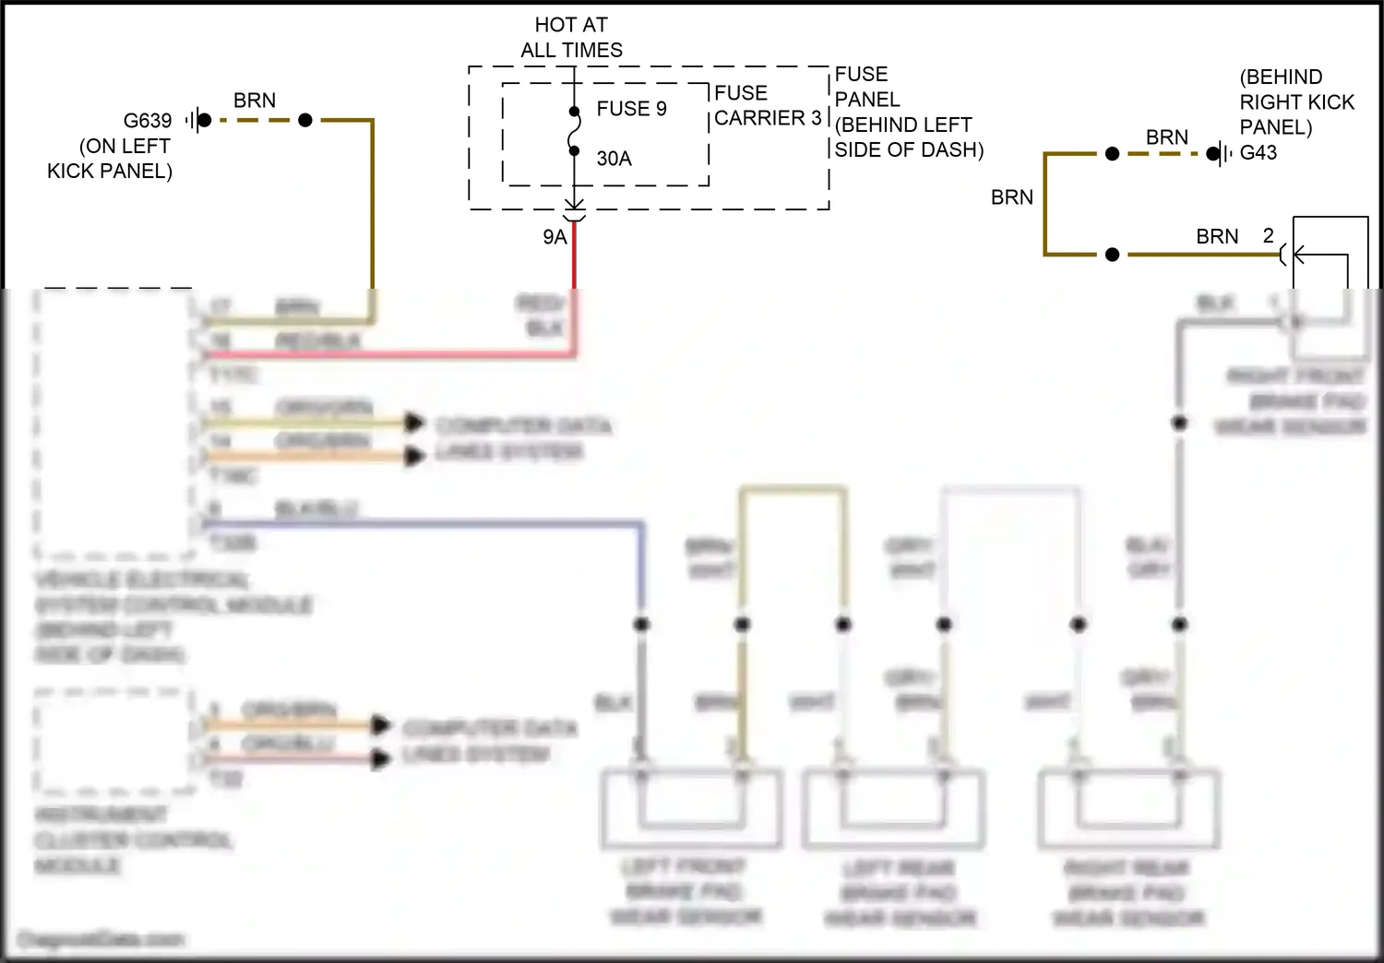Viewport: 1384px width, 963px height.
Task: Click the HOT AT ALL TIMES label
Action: [571, 38]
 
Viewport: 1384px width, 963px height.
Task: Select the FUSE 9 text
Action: [631, 109]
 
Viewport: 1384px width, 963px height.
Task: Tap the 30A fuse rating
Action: [614, 159]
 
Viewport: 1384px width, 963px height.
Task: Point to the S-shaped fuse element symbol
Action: [574, 131]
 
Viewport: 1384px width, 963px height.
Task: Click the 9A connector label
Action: [555, 237]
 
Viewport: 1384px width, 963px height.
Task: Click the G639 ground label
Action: [148, 121]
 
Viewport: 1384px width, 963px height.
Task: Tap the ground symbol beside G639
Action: [193, 120]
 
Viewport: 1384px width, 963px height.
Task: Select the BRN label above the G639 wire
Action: [255, 101]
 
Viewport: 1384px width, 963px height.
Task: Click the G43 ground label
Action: [1259, 153]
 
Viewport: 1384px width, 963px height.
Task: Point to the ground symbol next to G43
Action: [1223, 153]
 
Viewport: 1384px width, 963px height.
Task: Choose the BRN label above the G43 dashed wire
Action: [1167, 137]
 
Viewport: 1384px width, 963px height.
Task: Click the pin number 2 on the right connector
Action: [1269, 236]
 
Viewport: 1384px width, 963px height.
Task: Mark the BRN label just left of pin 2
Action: [1217, 237]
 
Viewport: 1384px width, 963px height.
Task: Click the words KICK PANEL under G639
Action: [110, 172]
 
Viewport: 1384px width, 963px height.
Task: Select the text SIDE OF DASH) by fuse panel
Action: [909, 149]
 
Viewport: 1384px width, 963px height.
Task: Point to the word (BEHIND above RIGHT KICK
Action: [1281, 77]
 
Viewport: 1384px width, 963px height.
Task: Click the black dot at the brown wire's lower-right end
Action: [1112, 255]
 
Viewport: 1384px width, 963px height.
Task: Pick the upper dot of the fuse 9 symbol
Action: [574, 112]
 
